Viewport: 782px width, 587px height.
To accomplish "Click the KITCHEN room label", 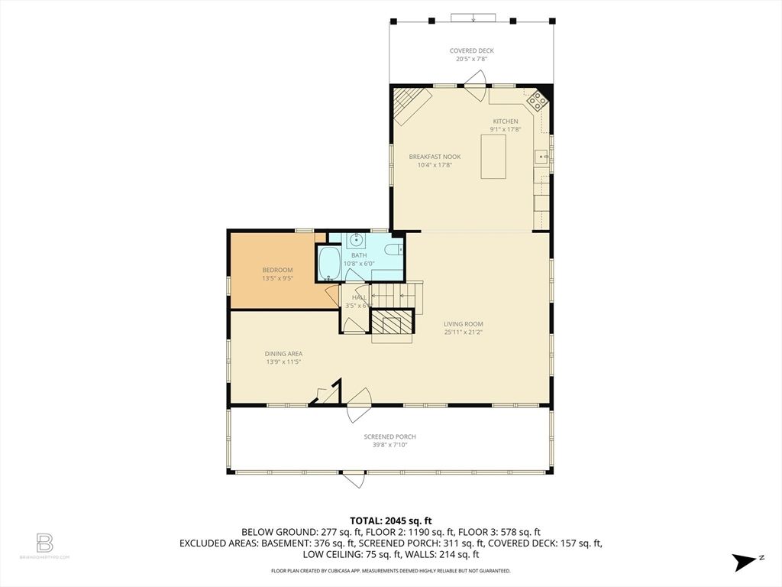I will (x=505, y=122).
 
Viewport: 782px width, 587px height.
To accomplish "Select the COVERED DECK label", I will (x=471, y=51).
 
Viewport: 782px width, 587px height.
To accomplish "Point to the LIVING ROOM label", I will (x=464, y=324).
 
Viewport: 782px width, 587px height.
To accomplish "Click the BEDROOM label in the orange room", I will (x=277, y=270).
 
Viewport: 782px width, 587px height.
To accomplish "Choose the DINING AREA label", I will (x=283, y=354).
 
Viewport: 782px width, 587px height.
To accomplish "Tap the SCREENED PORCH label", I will (x=389, y=437).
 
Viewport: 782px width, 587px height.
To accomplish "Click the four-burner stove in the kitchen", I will (x=536, y=99).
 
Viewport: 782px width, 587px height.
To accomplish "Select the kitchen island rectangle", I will (x=493, y=156).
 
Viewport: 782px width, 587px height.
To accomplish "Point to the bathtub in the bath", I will (x=329, y=264).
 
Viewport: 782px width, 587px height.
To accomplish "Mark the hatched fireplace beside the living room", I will (x=393, y=323).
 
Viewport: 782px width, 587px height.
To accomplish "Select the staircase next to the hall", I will (x=396, y=293).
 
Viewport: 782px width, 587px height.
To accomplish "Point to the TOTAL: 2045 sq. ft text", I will (x=390, y=519).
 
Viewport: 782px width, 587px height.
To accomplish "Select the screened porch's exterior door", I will (x=353, y=480).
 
